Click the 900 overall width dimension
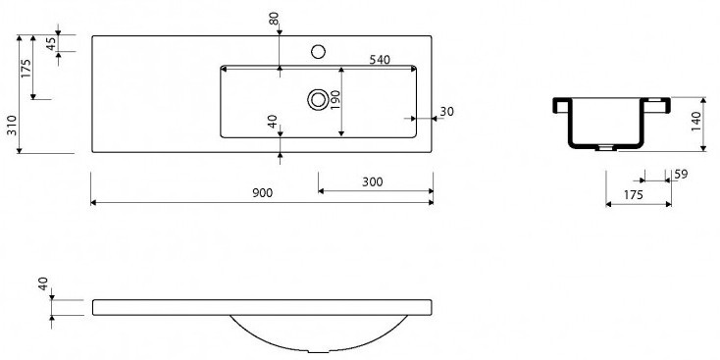pos(262,193)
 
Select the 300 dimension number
pos(372,182)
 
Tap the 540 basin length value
pos(380,60)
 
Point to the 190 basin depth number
pos(334,100)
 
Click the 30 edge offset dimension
pos(446,112)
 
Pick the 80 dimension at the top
pos(274,19)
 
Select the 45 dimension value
pos(51,43)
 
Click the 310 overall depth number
pos(12,125)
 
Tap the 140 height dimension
pos(696,122)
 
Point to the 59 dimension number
pos(681,175)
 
